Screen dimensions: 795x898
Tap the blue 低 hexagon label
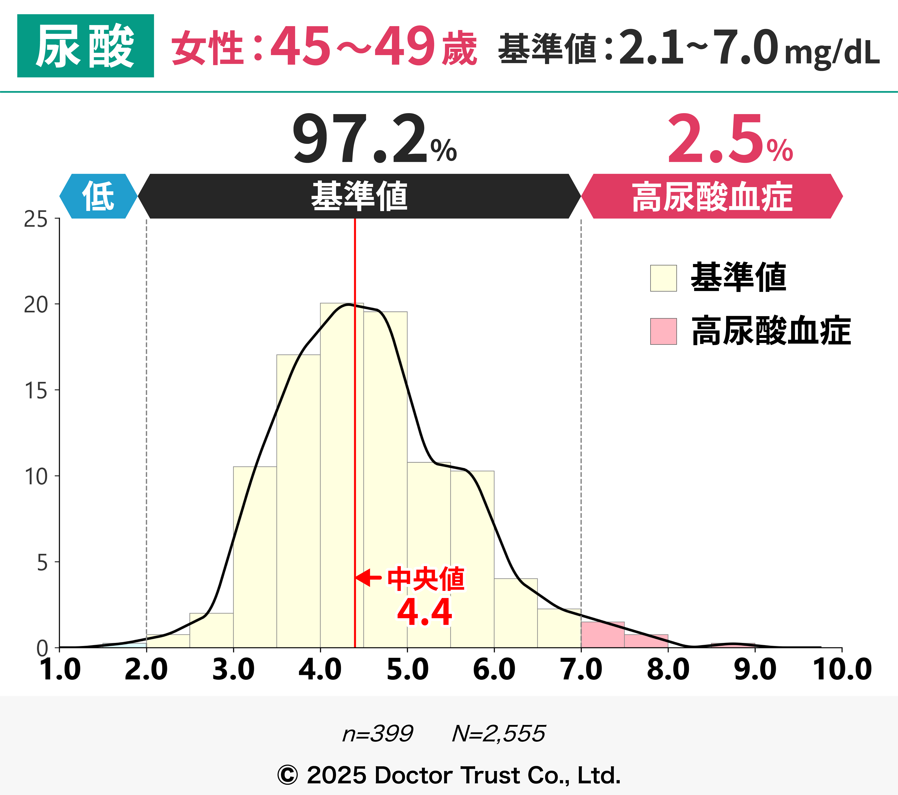(98, 196)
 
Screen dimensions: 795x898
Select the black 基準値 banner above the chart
(359, 196)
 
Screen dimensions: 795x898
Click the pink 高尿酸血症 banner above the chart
(712, 196)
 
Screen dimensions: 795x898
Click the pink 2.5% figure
(729, 140)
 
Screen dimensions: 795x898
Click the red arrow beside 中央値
(368, 578)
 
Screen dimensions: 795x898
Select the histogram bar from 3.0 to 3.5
(255, 558)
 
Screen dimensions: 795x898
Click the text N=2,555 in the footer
(499, 733)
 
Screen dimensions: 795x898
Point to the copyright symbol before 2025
(288, 775)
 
